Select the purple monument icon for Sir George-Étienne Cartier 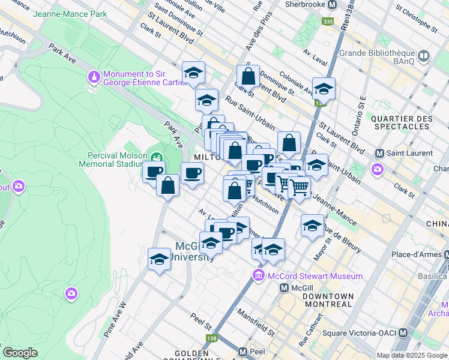94,77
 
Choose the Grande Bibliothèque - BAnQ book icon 424,56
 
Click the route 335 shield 327,22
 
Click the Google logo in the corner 20,352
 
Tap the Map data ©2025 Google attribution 411,355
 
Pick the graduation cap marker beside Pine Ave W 159,259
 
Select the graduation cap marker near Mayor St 312,226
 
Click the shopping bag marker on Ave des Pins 248,77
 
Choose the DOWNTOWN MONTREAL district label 327,301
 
